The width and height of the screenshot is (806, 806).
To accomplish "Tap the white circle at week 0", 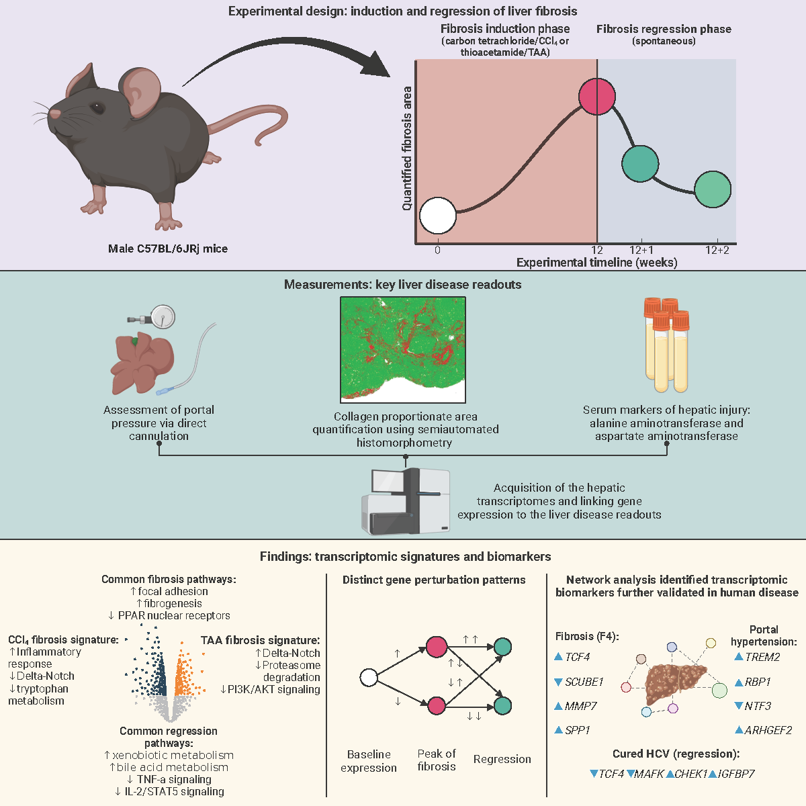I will coord(438,216).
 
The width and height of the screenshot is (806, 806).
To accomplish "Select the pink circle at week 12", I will coord(596,97).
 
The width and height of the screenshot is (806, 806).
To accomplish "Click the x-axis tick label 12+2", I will coord(717,250).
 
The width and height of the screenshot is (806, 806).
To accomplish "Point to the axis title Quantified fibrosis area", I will coord(407,148).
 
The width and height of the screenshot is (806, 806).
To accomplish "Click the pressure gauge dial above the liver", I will coord(163,316).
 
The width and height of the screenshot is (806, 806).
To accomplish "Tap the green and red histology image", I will coord(403,350).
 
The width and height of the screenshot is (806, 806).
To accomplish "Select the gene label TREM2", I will coord(762,657).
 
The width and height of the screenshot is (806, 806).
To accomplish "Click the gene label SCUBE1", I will coord(584,682).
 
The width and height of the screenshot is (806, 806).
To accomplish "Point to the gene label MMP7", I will coord(580,706).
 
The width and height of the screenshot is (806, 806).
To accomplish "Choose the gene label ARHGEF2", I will coord(768,730).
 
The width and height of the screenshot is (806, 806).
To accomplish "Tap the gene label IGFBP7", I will coord(735,774).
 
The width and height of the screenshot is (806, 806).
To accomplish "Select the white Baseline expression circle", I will coord(369,678).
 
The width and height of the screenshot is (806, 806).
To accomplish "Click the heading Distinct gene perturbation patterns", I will coord(434,580).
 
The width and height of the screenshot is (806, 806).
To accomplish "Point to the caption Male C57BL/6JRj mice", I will coord(168,249).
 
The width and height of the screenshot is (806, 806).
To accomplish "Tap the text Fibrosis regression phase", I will coord(664,29).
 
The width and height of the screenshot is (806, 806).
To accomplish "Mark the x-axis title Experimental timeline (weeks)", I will coord(596,263).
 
